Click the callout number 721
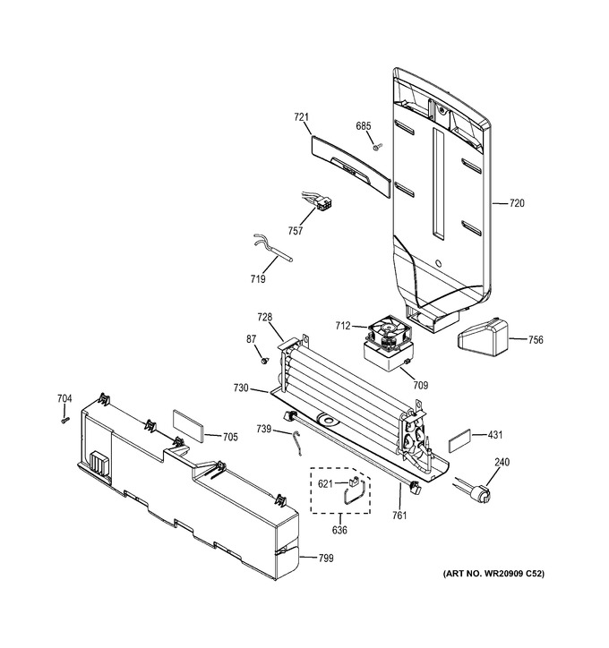pyautogui.click(x=302, y=117)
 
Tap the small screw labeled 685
pyautogui.click(x=377, y=146)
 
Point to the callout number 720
pyautogui.click(x=517, y=203)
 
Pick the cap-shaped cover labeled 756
pyautogui.click(x=483, y=337)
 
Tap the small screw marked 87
pyautogui.click(x=263, y=362)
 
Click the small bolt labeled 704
pyautogui.click(x=64, y=420)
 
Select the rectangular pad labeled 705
pyautogui.click(x=188, y=426)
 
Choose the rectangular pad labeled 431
pyautogui.click(x=459, y=441)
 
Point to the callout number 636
pyautogui.click(x=339, y=530)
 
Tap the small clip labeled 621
pyautogui.click(x=355, y=481)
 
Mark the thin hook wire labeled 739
pyautogui.click(x=296, y=443)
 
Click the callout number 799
pyautogui.click(x=326, y=558)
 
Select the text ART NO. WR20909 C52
pyautogui.click(x=493, y=574)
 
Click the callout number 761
pyautogui.click(x=399, y=516)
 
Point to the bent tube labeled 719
pyautogui.click(x=271, y=248)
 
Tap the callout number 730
pyautogui.click(x=241, y=388)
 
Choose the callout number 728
pyautogui.click(x=264, y=318)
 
